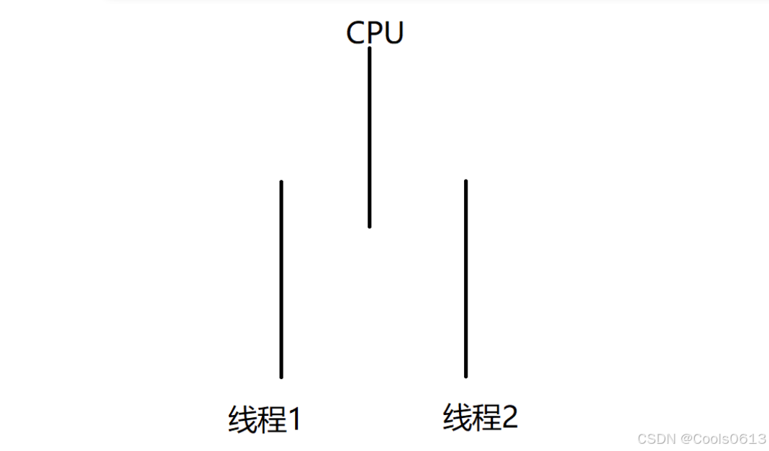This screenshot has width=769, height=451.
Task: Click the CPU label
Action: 375,33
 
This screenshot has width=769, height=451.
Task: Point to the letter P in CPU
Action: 375,33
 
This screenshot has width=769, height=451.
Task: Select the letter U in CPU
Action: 393,33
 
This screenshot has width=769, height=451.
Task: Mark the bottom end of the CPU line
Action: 370,225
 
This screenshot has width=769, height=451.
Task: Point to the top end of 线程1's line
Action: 281,182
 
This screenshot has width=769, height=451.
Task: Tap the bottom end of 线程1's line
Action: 281,376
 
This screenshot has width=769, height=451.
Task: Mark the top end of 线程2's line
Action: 465,182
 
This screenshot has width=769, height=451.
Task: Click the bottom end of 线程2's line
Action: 465,375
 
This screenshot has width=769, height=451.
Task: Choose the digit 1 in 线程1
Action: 293,420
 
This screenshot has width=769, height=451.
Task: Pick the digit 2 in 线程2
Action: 509,417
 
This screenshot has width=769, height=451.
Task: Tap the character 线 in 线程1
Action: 242,420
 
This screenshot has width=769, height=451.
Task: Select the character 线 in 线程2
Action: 458,417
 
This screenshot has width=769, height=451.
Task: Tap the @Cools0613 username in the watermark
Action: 722,439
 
